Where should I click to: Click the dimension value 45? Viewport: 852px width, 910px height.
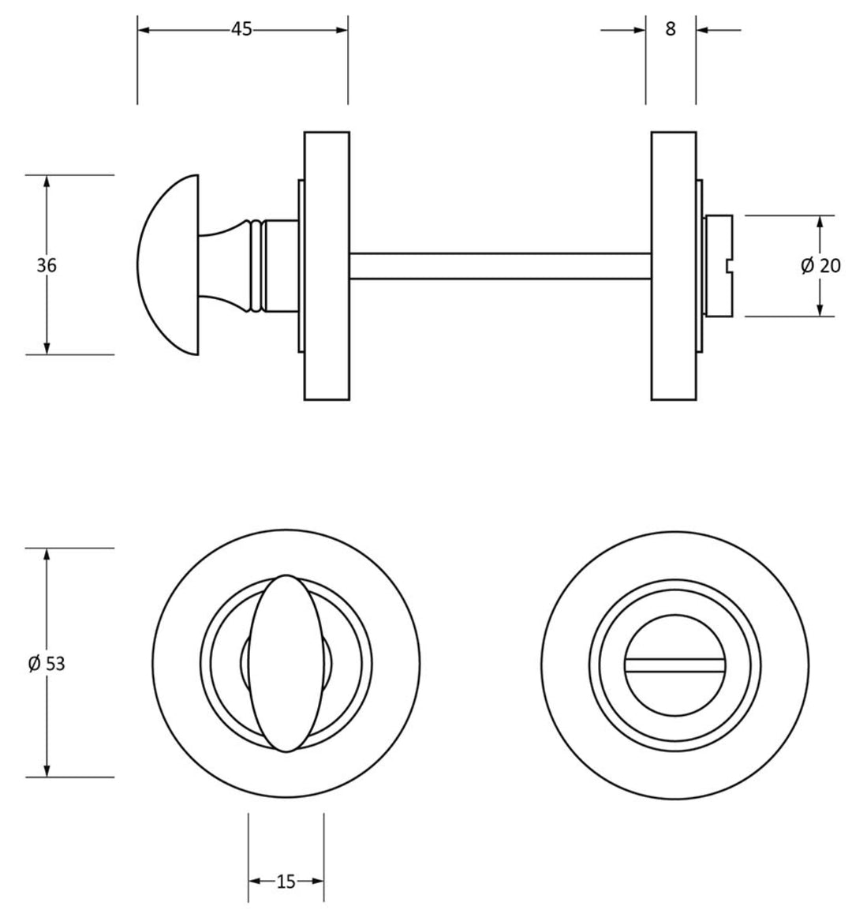point(241,29)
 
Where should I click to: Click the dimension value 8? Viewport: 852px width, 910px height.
point(671,30)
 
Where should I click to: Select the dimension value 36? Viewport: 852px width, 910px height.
point(47,265)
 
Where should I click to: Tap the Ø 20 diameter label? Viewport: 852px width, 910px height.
point(820,266)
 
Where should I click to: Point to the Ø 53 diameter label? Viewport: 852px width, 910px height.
point(47,664)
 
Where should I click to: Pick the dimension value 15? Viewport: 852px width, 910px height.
point(286,882)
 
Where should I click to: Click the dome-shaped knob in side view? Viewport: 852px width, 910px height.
point(167,265)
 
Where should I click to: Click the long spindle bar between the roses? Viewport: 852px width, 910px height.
point(499,265)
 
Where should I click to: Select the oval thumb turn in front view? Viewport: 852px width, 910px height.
point(286,663)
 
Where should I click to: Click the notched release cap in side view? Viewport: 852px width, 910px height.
point(718,265)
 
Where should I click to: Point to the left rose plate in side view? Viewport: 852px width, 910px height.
point(327,265)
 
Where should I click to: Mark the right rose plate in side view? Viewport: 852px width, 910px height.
point(673,265)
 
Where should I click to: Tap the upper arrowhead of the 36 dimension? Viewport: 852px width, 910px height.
point(47,181)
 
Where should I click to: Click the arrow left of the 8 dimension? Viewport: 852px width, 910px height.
point(639,30)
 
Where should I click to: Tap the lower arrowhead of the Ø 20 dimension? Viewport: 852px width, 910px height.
point(820,310)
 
